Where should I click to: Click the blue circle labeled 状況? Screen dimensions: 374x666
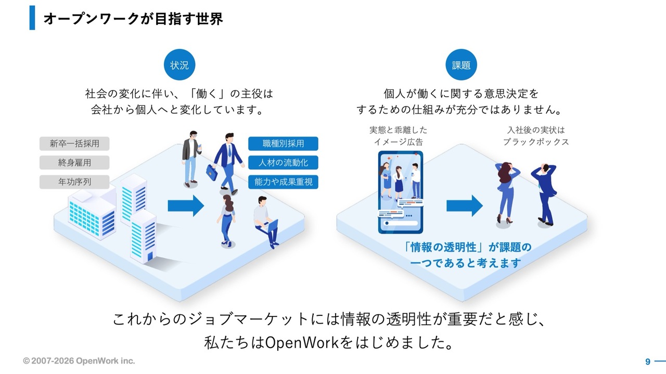pyautogui.click(x=180, y=65)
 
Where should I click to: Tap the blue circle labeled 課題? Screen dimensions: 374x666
pyautogui.click(x=461, y=65)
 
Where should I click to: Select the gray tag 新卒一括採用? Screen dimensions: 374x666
pyautogui.click(x=74, y=143)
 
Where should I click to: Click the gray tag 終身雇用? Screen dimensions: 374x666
pyautogui.click(x=74, y=163)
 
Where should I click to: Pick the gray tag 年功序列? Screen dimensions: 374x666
pyautogui.click(x=74, y=182)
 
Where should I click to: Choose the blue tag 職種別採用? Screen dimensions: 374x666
pyautogui.click(x=283, y=143)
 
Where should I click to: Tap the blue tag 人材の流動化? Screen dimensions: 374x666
pyautogui.click(x=283, y=163)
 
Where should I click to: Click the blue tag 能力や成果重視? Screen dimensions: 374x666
pyautogui.click(x=283, y=182)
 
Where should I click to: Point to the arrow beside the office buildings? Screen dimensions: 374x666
pyautogui.click(x=186, y=206)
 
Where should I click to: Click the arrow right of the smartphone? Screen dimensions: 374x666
pyautogui.click(x=464, y=206)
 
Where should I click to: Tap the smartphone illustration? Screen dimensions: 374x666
pyautogui.click(x=400, y=192)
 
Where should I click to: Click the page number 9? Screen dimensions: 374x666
pyautogui.click(x=648, y=362)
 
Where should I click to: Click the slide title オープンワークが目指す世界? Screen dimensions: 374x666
pyautogui.click(x=133, y=19)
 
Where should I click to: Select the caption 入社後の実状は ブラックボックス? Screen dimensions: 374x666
pyautogui.click(x=535, y=136)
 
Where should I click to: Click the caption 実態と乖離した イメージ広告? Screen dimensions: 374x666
pyautogui.click(x=398, y=136)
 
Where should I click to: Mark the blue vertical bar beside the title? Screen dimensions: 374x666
pyautogui.click(x=32, y=18)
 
